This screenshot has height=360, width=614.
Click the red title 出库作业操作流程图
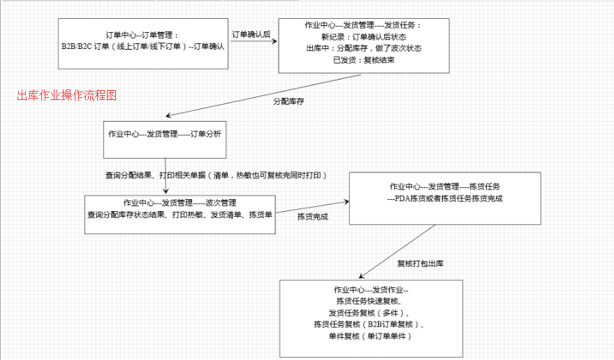[x=67, y=95]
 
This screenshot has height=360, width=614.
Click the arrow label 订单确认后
[x=251, y=34]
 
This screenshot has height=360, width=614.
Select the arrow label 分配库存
[x=288, y=101]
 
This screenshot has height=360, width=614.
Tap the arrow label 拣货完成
[x=312, y=217]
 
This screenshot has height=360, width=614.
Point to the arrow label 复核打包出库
[x=421, y=264]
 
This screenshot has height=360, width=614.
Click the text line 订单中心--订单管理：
[x=142, y=35]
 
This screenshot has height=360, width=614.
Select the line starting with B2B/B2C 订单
[x=143, y=46]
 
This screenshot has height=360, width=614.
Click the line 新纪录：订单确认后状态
[x=364, y=37]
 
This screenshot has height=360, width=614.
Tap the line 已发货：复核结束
[x=364, y=60]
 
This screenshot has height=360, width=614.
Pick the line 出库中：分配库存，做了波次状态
[x=364, y=48]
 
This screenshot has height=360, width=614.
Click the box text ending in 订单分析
[x=165, y=134]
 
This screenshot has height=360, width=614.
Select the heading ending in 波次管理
[x=180, y=203]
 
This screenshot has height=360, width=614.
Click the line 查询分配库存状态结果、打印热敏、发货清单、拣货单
[x=180, y=215]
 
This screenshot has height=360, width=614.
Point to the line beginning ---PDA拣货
[x=445, y=199]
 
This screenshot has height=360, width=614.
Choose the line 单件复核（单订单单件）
[x=371, y=336]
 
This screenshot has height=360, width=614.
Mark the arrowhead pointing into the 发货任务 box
[x=275, y=41]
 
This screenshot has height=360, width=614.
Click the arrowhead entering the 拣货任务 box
[x=346, y=202]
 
